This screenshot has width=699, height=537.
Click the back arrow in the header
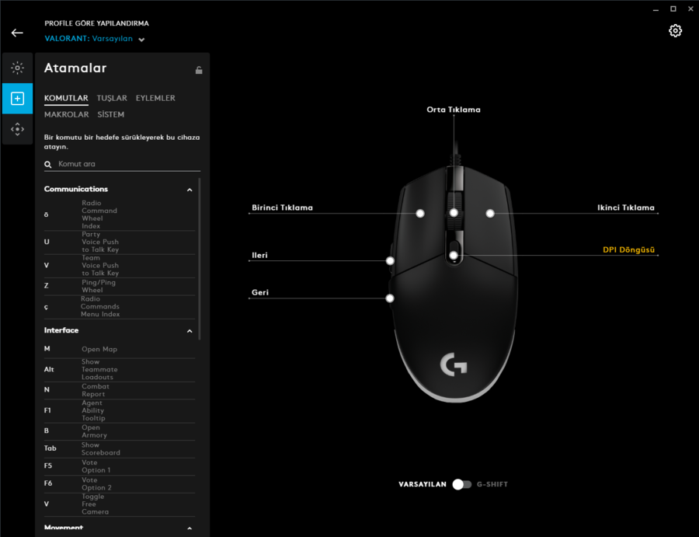point(17,33)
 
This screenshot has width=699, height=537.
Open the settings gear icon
point(675,30)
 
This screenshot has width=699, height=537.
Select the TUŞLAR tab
point(112,98)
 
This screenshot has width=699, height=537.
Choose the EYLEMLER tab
point(155,98)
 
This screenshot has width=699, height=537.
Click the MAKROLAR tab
point(67,114)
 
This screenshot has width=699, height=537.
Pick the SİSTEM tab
point(110,114)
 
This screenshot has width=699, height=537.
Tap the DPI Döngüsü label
point(628,249)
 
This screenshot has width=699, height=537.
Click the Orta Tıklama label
point(454,110)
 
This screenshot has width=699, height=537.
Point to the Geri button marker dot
point(390,298)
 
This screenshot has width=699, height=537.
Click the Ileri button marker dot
point(390,261)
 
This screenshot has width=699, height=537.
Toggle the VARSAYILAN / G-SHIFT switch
point(461,484)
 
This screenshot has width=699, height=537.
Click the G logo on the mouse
point(454,364)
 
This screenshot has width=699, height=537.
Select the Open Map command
point(99,349)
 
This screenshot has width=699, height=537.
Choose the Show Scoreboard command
point(101,448)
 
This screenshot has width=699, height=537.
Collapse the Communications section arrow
point(190,190)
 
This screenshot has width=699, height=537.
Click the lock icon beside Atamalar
point(199,70)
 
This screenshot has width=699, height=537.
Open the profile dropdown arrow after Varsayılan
point(141,40)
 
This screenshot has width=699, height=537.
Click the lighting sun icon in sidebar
point(17,68)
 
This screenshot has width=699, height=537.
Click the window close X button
point(690,9)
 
